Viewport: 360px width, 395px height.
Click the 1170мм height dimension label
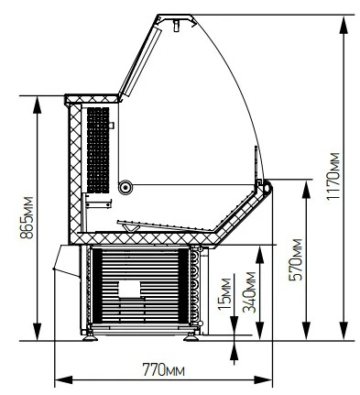pos(333,176)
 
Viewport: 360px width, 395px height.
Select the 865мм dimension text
pos(27,217)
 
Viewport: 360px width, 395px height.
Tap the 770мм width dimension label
pos(163,370)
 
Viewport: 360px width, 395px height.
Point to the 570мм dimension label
pos(295,259)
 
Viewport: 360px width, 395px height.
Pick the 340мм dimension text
pos(249,291)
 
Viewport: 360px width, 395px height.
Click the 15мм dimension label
pos(224,293)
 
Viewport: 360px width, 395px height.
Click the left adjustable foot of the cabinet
pos(90,336)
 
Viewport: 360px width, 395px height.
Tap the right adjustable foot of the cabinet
pos(191,336)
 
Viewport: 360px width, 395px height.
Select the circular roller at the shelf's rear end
pos(125,186)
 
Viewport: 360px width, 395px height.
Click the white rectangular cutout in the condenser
pos(129,289)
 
